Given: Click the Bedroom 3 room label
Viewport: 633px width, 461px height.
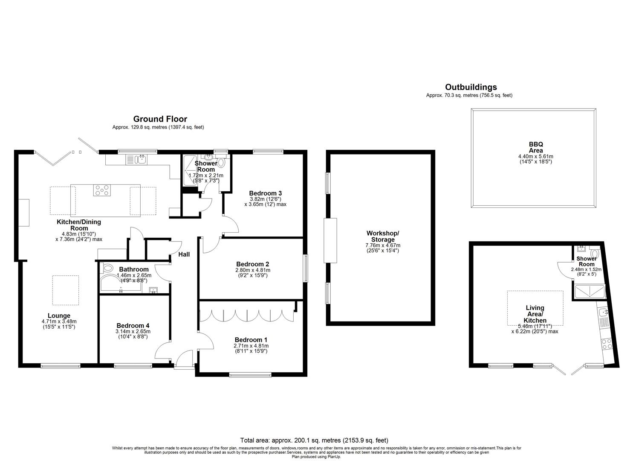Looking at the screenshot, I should click(x=265, y=193).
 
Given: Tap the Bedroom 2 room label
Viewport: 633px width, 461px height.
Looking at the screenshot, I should click(x=252, y=264).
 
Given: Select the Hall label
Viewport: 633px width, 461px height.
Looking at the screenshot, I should click(x=184, y=254).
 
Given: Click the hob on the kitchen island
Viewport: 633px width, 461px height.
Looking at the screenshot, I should click(x=102, y=190).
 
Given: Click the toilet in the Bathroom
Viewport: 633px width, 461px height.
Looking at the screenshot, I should click(x=107, y=268).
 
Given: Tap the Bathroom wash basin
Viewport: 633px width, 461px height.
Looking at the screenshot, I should click(x=154, y=291).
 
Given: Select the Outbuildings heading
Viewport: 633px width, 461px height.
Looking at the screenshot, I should click(x=471, y=87).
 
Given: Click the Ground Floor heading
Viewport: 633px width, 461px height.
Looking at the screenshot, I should click(x=160, y=119).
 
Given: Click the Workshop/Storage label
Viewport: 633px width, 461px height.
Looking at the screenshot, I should click(x=382, y=236).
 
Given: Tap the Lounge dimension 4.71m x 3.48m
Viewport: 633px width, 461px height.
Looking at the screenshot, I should click(x=59, y=321).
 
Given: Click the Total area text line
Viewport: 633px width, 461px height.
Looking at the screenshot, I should click(x=314, y=440).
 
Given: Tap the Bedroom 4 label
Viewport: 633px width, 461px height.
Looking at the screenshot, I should click(x=133, y=325).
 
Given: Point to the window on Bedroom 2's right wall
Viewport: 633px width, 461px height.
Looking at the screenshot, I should click(x=305, y=268).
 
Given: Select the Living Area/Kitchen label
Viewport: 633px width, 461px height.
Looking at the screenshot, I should click(x=535, y=314).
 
